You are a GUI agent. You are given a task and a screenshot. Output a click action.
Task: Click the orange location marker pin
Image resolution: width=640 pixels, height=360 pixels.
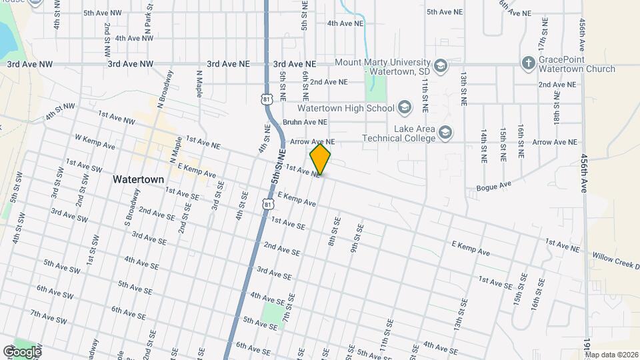coord(320,159)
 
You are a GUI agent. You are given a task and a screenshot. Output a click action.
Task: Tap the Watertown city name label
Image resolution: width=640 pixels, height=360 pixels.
coord(139,179)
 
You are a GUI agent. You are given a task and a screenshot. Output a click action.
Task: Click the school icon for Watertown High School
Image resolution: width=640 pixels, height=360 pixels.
coord(404,108)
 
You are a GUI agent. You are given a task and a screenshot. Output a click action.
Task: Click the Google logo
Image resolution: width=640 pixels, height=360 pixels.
coord(22,351)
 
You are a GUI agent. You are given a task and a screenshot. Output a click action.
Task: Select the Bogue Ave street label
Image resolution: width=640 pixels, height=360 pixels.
coord(494,185)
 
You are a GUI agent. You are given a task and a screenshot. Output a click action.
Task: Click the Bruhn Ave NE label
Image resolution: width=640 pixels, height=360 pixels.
coord(305,122)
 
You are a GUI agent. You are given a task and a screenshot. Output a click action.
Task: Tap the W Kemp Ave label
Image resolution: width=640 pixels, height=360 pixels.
coord(95,142)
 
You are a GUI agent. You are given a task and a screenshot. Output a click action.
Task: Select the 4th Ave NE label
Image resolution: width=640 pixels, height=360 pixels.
coord(345,23)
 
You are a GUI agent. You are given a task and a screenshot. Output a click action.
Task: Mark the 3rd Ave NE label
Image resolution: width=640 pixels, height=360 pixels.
coord(228,64)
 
